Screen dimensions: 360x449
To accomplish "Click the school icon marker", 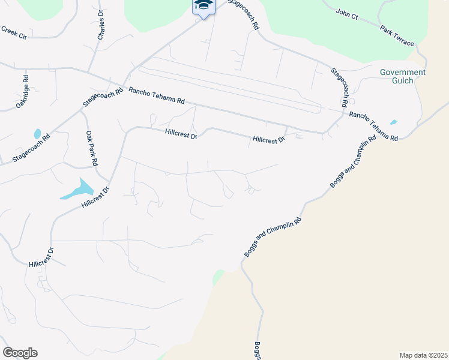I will (203, 6).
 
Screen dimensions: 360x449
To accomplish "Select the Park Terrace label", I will (396, 35).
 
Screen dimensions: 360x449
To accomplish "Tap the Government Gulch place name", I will (403, 76).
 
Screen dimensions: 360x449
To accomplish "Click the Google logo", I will (20, 353).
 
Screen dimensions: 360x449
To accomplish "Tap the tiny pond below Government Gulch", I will (393, 122).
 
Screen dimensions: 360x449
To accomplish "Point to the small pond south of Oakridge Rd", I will (37, 134).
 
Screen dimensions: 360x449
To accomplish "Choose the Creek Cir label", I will (13, 32).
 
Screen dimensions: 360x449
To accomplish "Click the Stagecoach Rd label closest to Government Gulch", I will (340, 87).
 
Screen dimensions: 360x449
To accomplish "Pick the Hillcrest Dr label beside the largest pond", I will (96, 198).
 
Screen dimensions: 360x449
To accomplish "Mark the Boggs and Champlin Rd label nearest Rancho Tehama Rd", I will (354, 161).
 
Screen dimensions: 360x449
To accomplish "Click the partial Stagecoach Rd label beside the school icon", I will (242, 14).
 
